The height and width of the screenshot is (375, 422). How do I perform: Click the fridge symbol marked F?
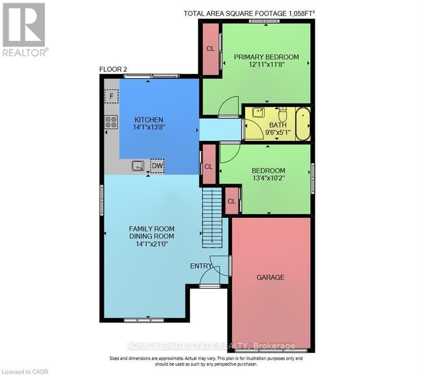(x=112, y=97)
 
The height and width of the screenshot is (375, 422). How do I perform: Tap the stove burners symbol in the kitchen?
(x=111, y=122)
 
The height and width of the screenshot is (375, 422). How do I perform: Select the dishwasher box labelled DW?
(x=157, y=167)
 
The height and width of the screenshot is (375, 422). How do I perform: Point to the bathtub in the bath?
(x=303, y=124)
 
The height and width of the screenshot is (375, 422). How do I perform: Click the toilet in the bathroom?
(x=282, y=115)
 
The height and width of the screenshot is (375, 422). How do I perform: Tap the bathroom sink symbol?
(x=258, y=113)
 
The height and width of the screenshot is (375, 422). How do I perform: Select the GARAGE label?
(x=270, y=277)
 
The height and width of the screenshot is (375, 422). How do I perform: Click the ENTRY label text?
(x=201, y=266)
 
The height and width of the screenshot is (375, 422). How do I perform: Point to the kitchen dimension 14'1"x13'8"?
(x=149, y=128)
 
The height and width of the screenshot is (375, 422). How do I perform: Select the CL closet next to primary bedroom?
(x=211, y=49)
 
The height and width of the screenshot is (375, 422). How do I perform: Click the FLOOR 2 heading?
(x=113, y=69)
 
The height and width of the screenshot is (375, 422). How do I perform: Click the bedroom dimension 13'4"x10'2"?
(x=268, y=178)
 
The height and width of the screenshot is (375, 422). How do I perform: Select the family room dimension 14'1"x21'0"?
(x=151, y=244)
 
